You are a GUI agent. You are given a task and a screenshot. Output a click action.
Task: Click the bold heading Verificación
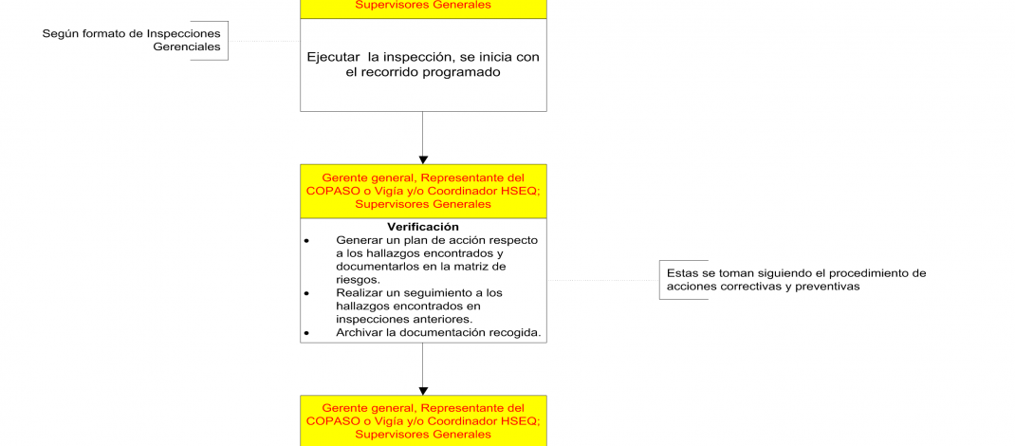click(423, 227)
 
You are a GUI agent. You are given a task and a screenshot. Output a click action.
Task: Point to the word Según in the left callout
click(60, 33)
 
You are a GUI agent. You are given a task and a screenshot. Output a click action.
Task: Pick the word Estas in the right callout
click(683, 272)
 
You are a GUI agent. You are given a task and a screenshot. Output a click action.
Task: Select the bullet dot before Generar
click(306, 241)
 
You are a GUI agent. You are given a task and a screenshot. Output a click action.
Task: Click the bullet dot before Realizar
click(306, 294)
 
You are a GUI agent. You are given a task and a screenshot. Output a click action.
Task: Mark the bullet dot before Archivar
click(306, 334)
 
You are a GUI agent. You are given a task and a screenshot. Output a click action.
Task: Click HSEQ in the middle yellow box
click(522, 191)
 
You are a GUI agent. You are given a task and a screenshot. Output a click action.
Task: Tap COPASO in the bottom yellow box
click(331, 421)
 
